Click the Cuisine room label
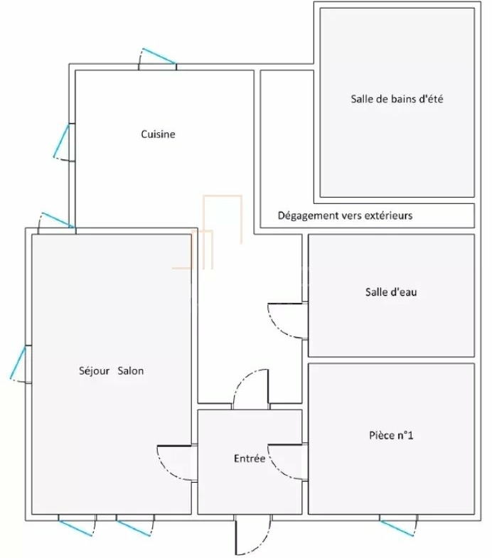coord(158,134)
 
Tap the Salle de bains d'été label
coord(397,99)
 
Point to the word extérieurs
coord(390,215)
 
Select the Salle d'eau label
coord(391,292)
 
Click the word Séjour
coord(94,371)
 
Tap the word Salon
coord(131,371)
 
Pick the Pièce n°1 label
coord(391,435)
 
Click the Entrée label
coord(250,458)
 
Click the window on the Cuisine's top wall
coord(159,56)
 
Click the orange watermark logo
coord(207,232)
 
